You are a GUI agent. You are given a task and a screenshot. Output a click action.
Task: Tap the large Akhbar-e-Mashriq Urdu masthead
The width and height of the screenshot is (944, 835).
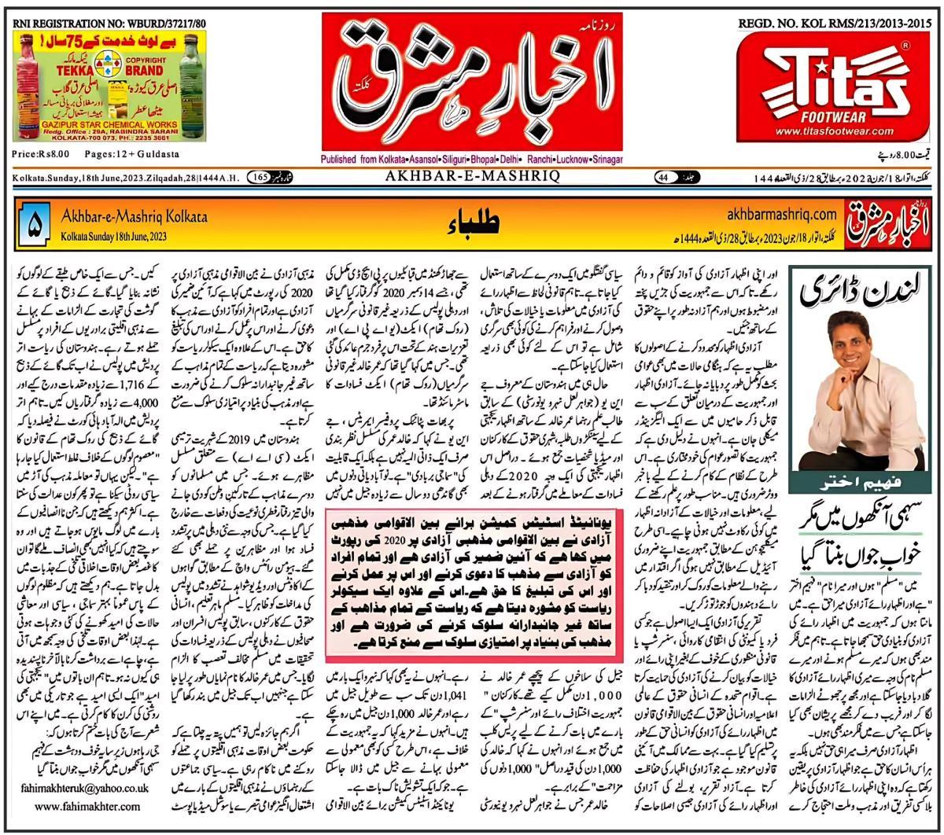coord(472,83)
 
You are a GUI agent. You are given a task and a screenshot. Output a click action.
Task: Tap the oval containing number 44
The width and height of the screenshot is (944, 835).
coord(666,178)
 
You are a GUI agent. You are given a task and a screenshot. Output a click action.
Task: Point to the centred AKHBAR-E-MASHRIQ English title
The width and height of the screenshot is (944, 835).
coord(471,177)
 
